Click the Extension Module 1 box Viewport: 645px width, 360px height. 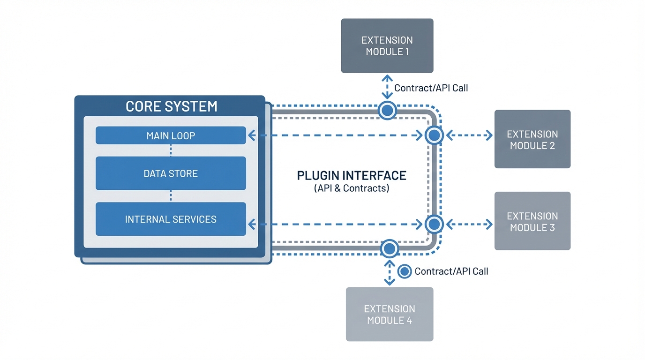(x=387, y=45)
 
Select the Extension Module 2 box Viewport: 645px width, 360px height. (x=532, y=139)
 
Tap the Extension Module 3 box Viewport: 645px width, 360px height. (x=532, y=221)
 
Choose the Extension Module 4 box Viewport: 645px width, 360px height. (x=389, y=314)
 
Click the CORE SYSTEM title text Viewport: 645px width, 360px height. (x=171, y=106)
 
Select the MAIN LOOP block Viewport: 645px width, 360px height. (x=171, y=135)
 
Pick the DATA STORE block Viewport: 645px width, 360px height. (x=171, y=173)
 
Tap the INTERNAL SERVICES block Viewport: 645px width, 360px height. (x=171, y=219)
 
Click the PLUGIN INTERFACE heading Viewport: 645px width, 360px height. (x=352, y=176)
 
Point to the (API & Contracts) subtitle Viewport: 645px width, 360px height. (x=352, y=189)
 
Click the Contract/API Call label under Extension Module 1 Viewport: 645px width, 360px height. (x=431, y=88)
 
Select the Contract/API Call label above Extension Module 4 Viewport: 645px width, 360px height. (x=451, y=271)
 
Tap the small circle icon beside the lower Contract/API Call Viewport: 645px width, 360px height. (x=405, y=271)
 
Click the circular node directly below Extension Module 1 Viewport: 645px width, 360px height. (x=387, y=111)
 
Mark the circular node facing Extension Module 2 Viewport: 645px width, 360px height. (x=434, y=135)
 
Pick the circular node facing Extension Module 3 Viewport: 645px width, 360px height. (x=434, y=225)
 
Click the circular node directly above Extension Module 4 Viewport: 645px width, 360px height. (x=389, y=248)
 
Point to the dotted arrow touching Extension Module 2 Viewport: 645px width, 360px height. (x=469, y=135)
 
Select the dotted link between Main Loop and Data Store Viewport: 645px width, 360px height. (x=171, y=150)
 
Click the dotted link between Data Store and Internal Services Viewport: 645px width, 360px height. (x=171, y=196)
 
